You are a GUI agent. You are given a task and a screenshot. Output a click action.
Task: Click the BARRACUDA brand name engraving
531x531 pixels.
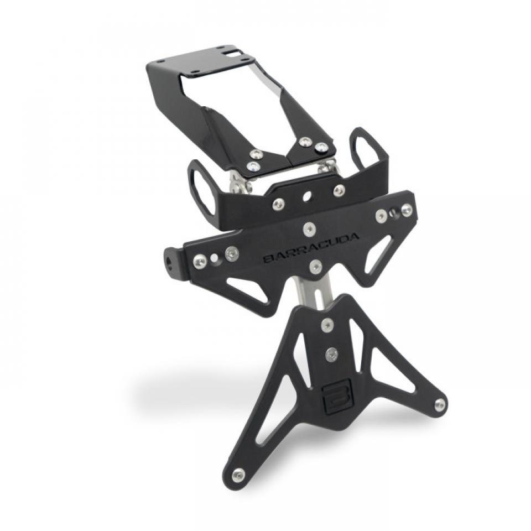click(x=311, y=248)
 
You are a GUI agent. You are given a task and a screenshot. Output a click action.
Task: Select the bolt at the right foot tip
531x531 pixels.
click(x=440, y=404)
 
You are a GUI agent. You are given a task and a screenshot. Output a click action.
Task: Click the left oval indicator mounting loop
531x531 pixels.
click(x=200, y=188)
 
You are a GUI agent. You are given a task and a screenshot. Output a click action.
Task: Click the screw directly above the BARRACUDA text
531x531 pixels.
click(x=309, y=227)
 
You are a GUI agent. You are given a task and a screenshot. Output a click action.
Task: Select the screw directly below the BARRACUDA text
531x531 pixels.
click(x=315, y=267)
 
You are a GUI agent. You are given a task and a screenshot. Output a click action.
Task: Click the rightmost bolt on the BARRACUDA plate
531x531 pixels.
click(x=407, y=210)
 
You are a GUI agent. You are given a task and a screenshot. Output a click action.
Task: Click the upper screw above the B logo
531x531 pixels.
click(x=327, y=325)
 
